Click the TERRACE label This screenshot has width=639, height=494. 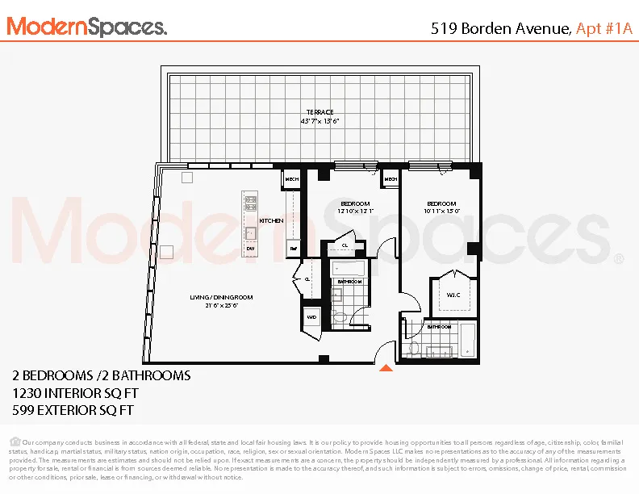point(319,112)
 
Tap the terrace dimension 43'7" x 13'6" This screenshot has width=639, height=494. point(319,121)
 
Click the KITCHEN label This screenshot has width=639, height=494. point(270,220)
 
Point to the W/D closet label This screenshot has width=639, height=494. point(311,318)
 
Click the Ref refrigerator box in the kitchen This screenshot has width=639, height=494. point(293,249)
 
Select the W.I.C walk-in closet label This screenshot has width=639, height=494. point(453,295)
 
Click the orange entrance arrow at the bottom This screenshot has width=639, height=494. point(386,368)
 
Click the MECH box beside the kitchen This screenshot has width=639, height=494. point(290,179)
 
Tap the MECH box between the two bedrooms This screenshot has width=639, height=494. point(390,179)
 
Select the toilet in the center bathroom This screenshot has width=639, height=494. point(339,317)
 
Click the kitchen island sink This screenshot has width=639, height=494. point(251,232)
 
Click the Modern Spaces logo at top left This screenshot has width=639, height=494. point(87,27)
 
